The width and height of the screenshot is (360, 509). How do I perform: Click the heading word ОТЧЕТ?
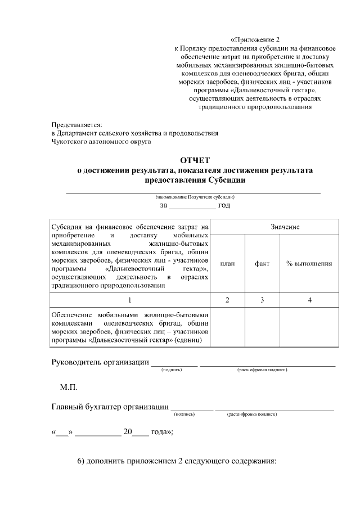[193, 160]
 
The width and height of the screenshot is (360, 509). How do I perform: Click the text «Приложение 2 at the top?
[255, 40]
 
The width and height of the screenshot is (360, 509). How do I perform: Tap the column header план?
[227, 263]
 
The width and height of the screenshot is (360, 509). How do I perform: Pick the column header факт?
[262, 263]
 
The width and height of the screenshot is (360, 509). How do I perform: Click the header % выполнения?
[309, 263]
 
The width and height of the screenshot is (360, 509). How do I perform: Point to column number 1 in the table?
[130, 300]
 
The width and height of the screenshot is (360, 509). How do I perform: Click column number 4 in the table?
[309, 300]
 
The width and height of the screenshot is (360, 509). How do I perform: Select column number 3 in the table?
[262, 300]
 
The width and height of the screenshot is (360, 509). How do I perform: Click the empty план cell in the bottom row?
[227, 327]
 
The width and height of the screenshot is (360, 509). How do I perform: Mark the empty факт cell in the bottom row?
[262, 327]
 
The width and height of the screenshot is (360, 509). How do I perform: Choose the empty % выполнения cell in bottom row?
[309, 327]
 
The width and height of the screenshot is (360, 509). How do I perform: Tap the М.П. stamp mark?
[69, 388]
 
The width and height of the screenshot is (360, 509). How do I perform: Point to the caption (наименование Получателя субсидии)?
[195, 197]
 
